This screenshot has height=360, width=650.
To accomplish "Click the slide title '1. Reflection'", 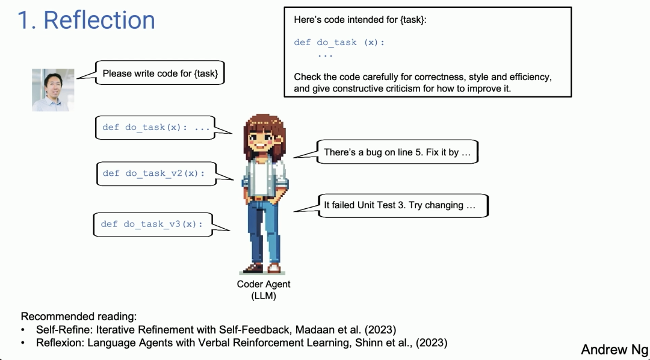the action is [86, 20].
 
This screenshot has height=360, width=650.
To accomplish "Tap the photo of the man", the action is [53, 90].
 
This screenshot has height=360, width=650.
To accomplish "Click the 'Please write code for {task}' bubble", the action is [160, 73].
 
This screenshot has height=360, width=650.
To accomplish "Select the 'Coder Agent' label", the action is [264, 284].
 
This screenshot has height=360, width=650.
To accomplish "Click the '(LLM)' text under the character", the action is [264, 296].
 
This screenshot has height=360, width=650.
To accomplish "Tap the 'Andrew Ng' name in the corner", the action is [614, 349].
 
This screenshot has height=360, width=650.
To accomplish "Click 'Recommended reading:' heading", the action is [79, 317].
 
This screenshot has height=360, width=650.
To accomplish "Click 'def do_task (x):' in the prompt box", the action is [339, 42].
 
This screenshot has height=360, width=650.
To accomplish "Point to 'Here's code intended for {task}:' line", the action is [361, 20].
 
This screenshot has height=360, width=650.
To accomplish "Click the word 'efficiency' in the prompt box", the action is [531, 77].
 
